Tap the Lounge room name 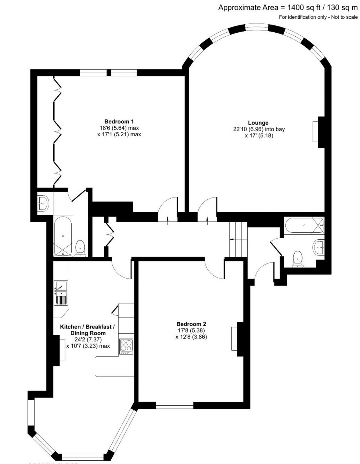258,123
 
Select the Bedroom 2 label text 191,324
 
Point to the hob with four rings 126,346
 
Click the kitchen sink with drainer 61,293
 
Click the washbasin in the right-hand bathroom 319,247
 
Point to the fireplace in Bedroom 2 234,339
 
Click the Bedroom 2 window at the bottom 175,405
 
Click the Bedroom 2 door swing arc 214,268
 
